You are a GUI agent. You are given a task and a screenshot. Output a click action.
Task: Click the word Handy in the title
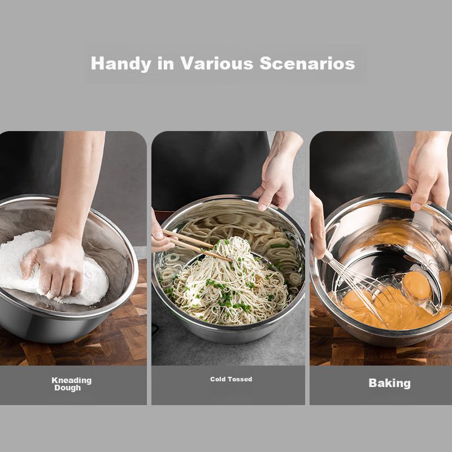(x=121, y=64)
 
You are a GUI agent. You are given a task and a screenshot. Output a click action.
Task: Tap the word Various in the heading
(x=217, y=63)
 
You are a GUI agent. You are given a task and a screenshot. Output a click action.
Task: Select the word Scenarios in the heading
(x=307, y=63)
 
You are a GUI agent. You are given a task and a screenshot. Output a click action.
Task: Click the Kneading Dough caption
(x=72, y=384)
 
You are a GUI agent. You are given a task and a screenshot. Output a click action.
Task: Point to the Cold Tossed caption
(x=231, y=379)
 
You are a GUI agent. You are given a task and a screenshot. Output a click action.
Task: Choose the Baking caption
(x=389, y=384)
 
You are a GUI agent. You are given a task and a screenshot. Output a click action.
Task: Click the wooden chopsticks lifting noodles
(x=196, y=245)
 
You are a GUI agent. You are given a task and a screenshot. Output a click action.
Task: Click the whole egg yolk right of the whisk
(x=417, y=285)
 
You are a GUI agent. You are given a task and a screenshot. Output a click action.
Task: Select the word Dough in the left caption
(x=68, y=388)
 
